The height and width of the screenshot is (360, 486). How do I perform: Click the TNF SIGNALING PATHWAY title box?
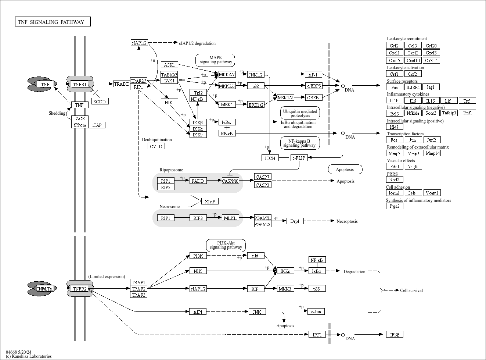coord(52,22)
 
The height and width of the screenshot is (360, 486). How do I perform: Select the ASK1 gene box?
coord(169,65)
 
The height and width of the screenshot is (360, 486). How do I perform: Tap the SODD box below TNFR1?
coord(100,101)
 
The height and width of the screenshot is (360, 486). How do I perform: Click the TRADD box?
coord(122,84)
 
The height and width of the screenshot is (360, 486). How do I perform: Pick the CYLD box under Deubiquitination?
coord(156,146)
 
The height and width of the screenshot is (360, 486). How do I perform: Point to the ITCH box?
coord(270,158)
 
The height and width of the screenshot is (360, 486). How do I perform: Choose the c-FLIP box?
coord(299,158)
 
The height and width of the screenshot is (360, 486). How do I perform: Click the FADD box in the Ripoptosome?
coord(198,181)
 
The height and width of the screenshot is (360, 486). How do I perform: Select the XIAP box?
coord(210,202)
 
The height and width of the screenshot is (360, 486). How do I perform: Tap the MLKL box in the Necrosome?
coord(230,218)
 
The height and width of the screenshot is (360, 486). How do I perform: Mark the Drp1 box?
coord(295,221)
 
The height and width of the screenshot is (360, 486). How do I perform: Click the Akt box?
coord(255,256)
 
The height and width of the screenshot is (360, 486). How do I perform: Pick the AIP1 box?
coord(198,312)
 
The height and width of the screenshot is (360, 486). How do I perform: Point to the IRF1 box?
coord(317,335)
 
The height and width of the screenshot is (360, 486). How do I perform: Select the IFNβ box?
coord(395,335)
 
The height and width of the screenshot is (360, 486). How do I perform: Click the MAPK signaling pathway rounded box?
coord(216,60)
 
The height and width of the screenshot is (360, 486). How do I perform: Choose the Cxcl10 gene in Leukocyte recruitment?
coord(413,61)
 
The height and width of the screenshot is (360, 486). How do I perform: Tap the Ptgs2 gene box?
coord(395,206)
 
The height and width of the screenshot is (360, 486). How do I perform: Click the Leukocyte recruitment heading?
coord(407,39)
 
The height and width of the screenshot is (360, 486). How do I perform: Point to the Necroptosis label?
coord(347,221)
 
